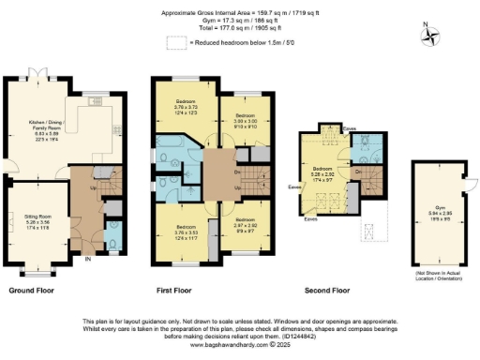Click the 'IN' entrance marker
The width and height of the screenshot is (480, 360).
point(88,260)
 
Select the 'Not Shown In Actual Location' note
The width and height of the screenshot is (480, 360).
point(439,273)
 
